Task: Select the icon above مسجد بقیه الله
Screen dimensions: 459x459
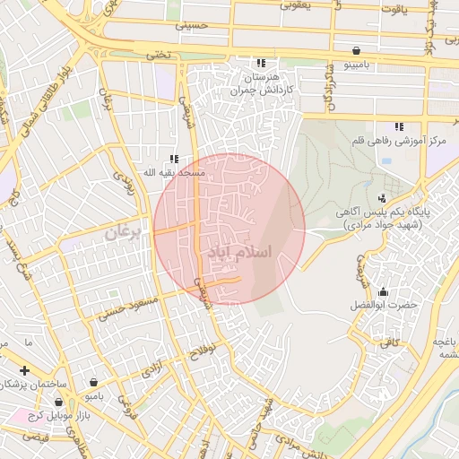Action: click(175, 158)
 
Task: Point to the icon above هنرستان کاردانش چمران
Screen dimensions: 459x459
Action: click(261, 63)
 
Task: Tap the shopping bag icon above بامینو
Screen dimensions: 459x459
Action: click(358, 50)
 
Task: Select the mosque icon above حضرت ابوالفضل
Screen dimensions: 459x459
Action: click(384, 291)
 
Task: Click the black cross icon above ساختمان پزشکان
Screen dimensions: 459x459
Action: click(25, 370)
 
